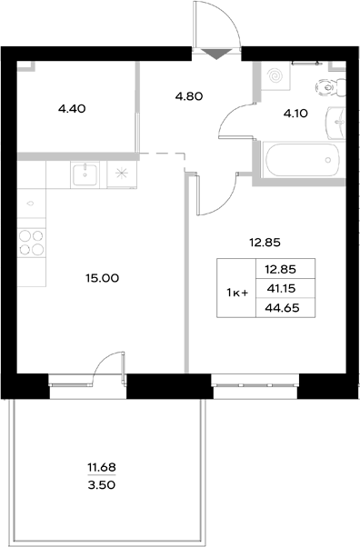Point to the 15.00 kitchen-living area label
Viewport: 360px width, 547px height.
pos(102,278)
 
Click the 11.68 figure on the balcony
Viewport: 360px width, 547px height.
pos(102,468)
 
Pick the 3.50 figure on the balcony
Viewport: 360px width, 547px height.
pos(102,485)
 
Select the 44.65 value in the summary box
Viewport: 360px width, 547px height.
pos(281,309)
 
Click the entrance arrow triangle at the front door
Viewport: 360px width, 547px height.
pos(215,54)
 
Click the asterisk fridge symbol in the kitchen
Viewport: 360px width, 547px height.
pos(121,172)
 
